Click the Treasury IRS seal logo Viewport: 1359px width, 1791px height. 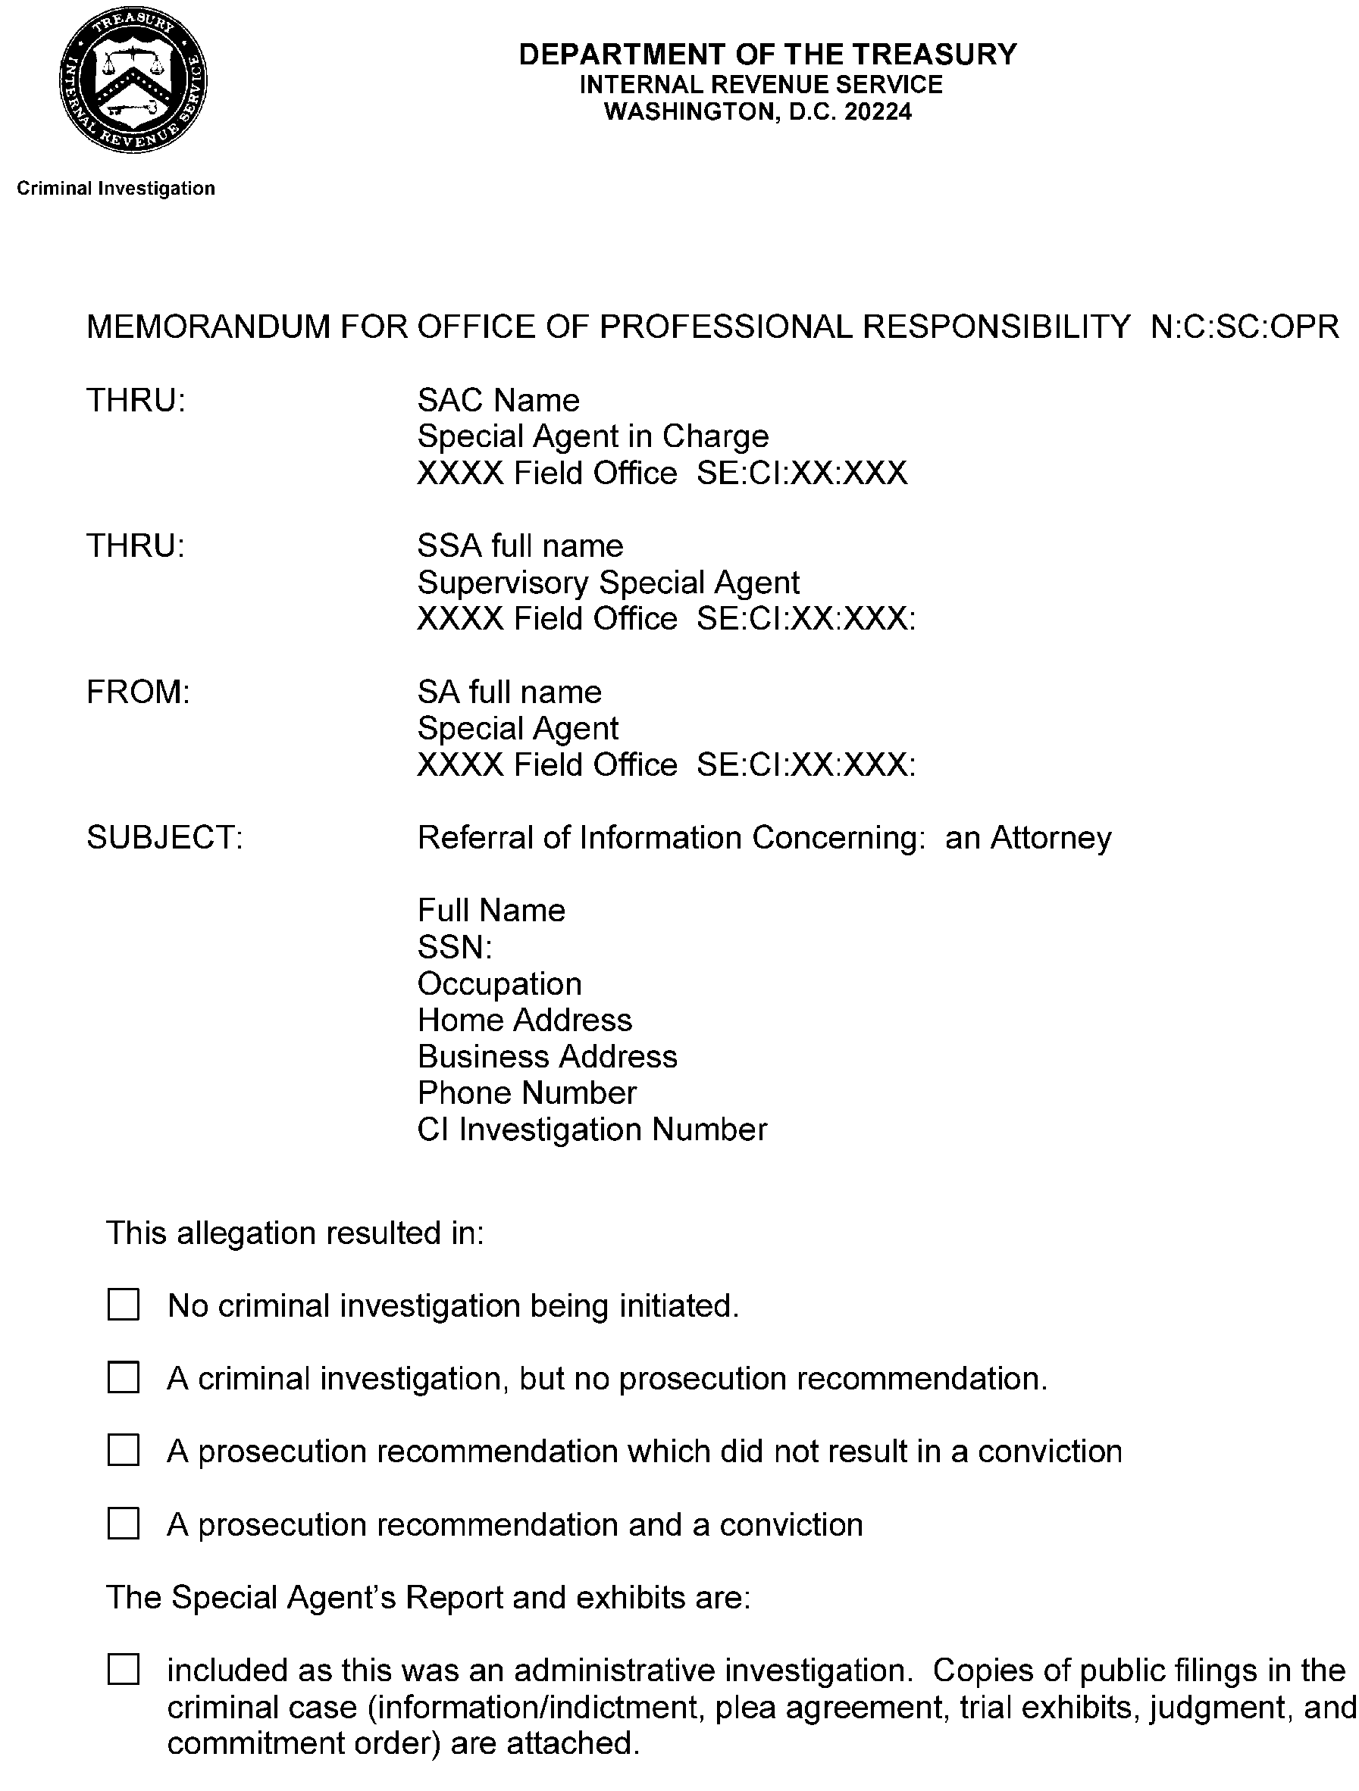pos(133,80)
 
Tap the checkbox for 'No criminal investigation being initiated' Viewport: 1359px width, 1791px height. pos(123,1305)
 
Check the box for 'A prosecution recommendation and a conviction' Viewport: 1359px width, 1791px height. pos(123,1524)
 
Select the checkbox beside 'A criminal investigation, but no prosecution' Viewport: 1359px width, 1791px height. pos(123,1378)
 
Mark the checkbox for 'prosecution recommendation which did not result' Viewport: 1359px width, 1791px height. pos(123,1451)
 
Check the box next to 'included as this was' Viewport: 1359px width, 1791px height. pos(123,1670)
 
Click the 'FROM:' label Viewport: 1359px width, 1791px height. pos(138,692)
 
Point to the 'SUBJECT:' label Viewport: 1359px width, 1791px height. pos(164,838)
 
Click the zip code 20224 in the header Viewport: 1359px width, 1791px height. pos(878,111)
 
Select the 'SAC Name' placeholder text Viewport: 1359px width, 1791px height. pos(498,401)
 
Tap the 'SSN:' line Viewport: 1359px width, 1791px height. pos(454,947)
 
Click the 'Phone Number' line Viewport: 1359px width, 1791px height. pos(527,1093)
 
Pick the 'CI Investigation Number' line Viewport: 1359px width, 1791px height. pos(591,1130)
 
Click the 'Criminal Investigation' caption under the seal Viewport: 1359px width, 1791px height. pos(116,189)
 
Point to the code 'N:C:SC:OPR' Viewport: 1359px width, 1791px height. pos(1244,327)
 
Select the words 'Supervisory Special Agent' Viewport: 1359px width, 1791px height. pos(607,583)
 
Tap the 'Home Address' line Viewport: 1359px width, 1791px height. pos(524,1021)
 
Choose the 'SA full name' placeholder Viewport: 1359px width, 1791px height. pos(509,692)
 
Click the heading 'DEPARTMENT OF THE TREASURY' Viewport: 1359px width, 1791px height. pos(767,55)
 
